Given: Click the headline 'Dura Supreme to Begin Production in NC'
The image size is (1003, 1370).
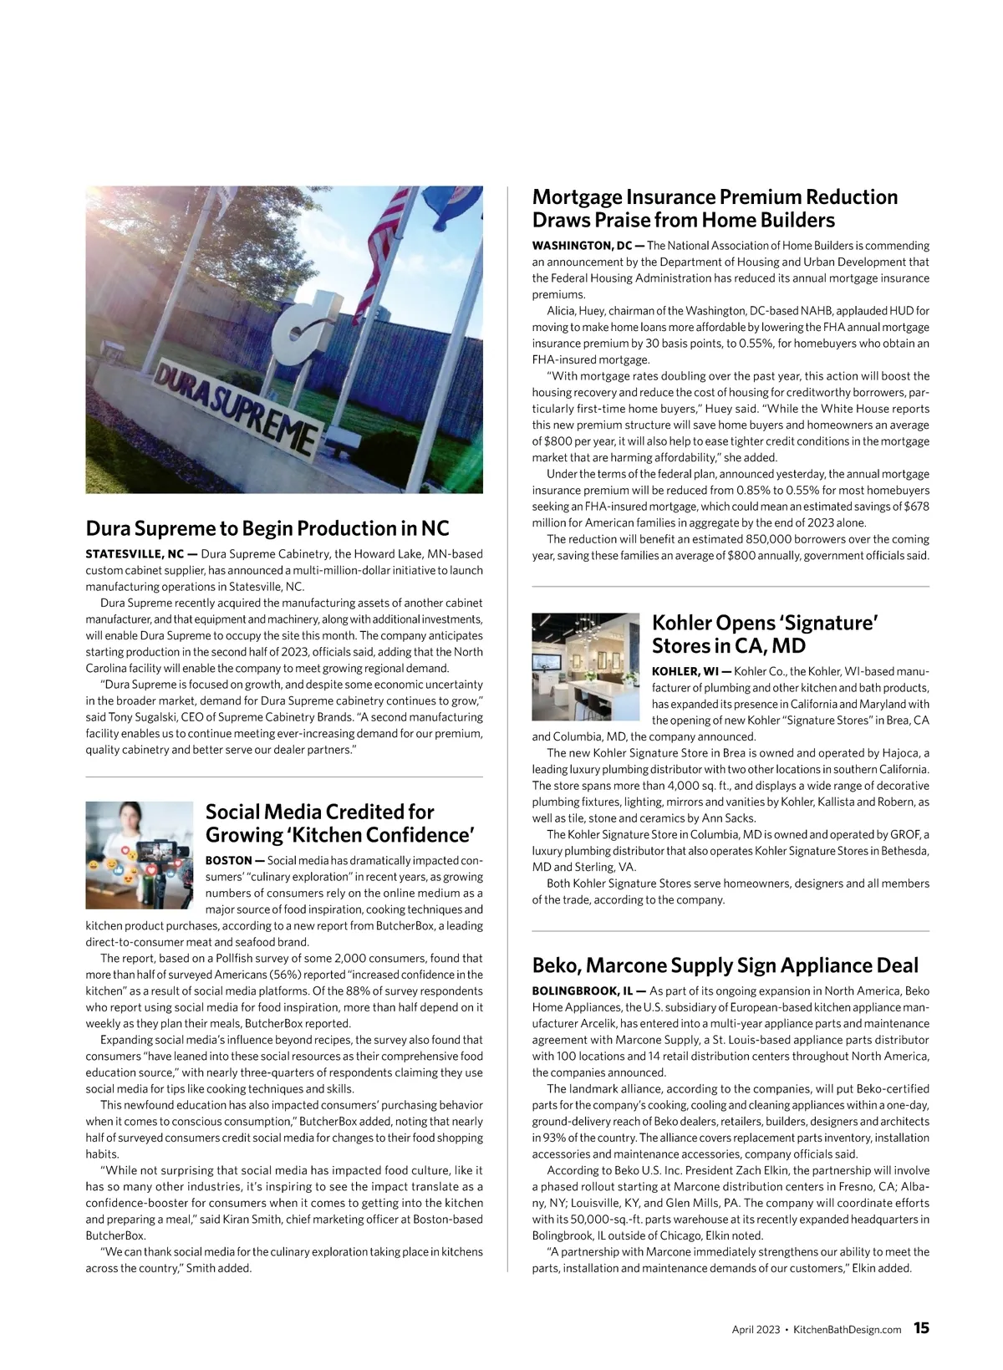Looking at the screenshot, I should [x=267, y=528].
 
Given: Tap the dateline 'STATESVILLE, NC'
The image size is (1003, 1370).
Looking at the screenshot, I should [x=134, y=554].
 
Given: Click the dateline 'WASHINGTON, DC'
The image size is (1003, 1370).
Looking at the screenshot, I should [x=582, y=246].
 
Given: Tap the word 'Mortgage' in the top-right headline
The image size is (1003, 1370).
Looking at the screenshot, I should [x=578, y=197].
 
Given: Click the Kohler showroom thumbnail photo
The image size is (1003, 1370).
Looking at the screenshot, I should [x=585, y=666].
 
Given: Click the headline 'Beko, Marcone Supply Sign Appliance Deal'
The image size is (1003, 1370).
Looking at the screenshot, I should [x=725, y=965].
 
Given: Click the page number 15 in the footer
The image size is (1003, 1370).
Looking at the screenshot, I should [x=920, y=1328].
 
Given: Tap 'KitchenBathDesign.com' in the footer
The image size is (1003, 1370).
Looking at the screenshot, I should [x=847, y=1330].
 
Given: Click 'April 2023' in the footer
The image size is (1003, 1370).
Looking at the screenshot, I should [x=756, y=1330].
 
